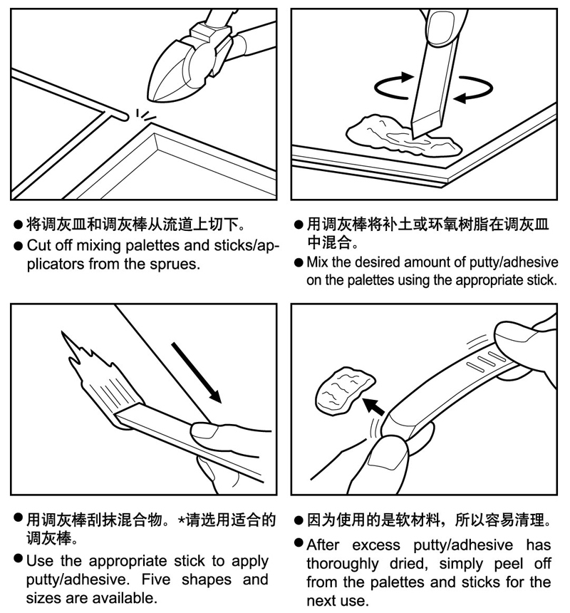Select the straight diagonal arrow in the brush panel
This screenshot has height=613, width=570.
196,373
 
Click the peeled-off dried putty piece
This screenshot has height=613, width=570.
344,391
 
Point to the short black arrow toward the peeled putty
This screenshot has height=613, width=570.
374,407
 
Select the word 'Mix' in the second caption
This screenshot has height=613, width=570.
318,262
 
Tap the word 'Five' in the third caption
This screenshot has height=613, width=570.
156,579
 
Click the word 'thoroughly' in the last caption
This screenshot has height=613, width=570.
343,564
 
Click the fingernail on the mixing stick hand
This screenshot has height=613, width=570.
440,27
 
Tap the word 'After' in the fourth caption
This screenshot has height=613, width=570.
323,545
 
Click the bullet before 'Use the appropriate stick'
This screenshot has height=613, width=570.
18,558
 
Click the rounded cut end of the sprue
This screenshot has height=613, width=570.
124,116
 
